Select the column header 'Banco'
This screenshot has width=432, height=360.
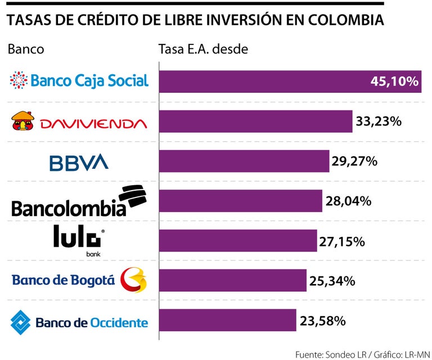[26, 49]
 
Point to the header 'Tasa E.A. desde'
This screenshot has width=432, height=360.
[204, 49]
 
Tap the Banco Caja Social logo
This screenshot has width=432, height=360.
[79, 80]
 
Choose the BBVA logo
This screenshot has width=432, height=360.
[79, 163]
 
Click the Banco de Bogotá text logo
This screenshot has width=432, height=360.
[63, 280]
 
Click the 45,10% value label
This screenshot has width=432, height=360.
[394, 82]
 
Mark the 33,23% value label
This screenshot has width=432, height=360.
[377, 121]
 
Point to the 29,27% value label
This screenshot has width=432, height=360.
[354, 161]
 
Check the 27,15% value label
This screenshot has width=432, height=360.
[343, 241]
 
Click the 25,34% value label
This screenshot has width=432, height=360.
[332, 281]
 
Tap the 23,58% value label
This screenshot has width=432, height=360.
[322, 321]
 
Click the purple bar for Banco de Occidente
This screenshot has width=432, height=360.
[228, 320]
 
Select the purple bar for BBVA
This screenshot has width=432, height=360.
[244, 161]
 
